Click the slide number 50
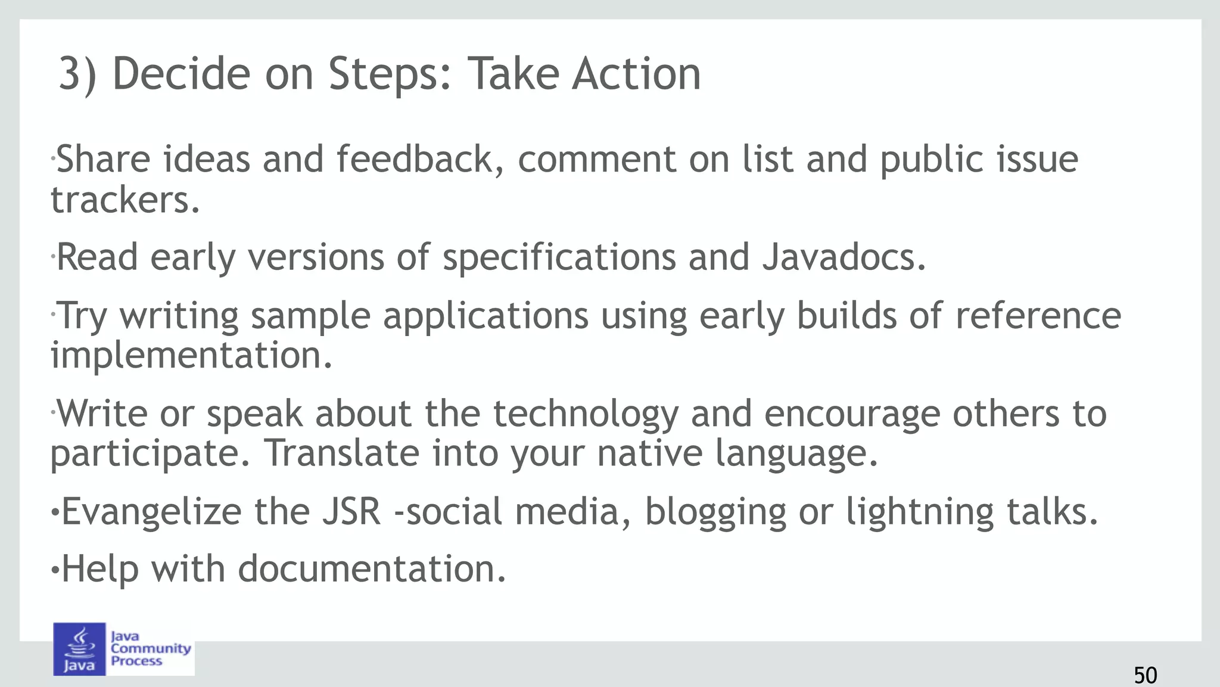tap(1145, 675)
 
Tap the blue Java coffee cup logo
tap(79, 649)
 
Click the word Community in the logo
tap(151, 648)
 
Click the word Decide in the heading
tap(181, 74)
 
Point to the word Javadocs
tap(844, 257)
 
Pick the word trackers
tap(125, 200)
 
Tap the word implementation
tap(191, 355)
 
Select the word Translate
tap(343, 453)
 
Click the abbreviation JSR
tap(351, 511)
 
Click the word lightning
tap(920, 512)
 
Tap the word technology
tap(586, 414)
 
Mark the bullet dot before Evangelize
tap(55, 512)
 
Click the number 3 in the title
tap(70, 74)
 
